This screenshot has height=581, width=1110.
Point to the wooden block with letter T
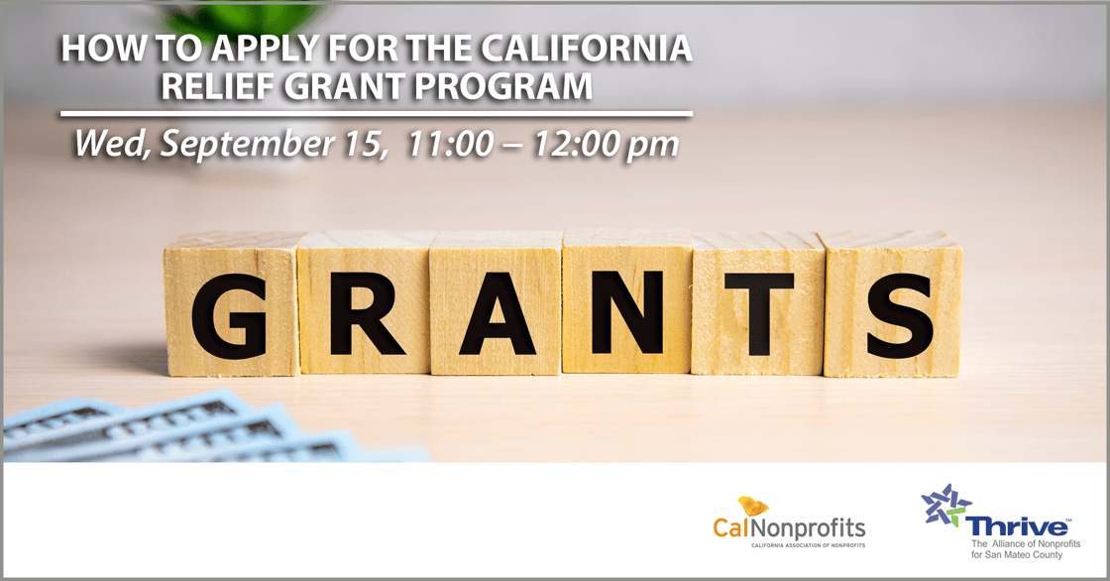pyautogui.click(x=758, y=306)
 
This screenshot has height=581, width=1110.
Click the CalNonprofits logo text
pyautogui.click(x=789, y=528)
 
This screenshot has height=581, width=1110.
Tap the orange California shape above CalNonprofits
pyautogui.click(x=754, y=506)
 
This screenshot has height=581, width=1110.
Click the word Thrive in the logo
pyautogui.click(x=1018, y=526)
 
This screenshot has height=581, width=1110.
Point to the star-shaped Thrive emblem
pyautogui.click(x=943, y=505)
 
